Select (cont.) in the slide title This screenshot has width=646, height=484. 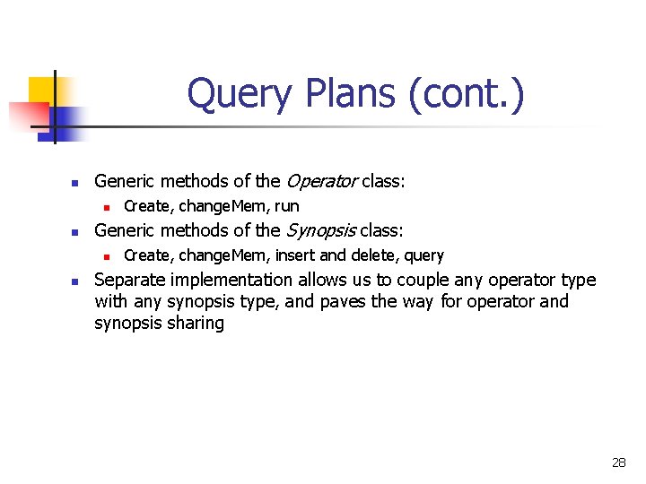(x=467, y=94)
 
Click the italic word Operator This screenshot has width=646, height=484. (x=321, y=181)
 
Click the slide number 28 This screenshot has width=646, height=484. (x=619, y=462)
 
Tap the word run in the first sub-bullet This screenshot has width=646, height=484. (x=287, y=206)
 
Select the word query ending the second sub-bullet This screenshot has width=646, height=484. (x=423, y=255)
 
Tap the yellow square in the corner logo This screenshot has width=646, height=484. (x=42, y=90)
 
